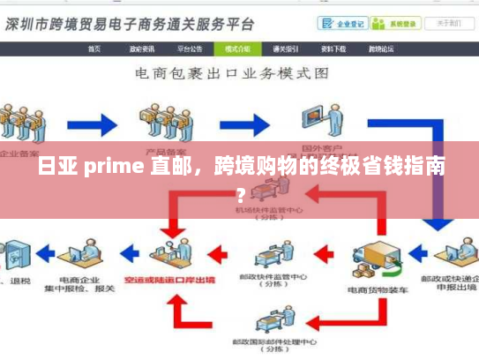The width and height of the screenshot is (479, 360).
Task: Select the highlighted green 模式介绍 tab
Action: (x=237, y=49)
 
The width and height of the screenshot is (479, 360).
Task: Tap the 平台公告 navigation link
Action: (x=190, y=49)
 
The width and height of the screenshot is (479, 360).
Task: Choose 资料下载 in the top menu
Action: (x=333, y=49)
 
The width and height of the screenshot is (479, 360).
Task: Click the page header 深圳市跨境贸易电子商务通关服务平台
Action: (x=128, y=24)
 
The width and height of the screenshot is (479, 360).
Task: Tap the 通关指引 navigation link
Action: (x=285, y=49)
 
